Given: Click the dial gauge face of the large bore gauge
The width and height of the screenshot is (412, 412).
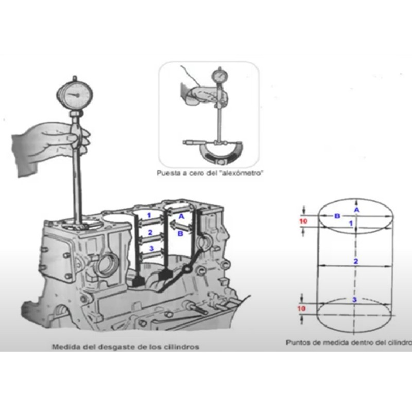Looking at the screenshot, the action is point(75,95).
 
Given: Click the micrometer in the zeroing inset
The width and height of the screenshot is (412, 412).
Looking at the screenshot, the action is point(213,150).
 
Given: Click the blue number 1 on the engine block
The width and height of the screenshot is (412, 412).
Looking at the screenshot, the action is point(149,215).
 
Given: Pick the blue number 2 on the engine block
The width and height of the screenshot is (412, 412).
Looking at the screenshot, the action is point(150,233).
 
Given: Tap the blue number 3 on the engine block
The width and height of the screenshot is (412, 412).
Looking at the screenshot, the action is point(151,249).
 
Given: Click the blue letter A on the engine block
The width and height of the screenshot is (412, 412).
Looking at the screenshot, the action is point(181,217).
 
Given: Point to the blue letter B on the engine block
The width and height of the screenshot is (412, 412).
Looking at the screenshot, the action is point(181,234).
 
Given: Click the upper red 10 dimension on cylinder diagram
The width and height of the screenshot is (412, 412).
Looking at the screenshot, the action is point(303,221).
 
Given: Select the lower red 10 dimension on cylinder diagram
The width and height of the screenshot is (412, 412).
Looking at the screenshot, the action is point(301,308).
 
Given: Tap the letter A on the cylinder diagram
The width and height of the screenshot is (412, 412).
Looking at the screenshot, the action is point(356,210).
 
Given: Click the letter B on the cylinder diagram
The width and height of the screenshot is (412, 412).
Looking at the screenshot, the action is point(337,216).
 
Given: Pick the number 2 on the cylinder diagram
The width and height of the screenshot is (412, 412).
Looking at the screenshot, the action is point(356,261).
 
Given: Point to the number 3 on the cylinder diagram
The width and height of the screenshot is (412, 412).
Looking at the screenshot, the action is point(354,300).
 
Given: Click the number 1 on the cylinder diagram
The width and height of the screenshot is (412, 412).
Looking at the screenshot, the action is point(351,224).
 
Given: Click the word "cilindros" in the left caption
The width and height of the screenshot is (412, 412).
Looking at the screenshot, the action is point(182,347).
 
